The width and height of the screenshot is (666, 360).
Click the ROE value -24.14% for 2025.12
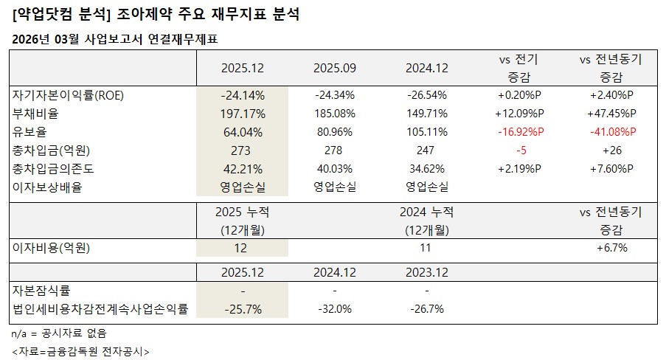(x=243, y=95)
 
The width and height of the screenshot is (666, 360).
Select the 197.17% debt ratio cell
(x=243, y=114)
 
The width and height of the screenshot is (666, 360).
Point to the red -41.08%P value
(x=611, y=132)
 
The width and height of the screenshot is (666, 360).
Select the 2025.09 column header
(x=335, y=68)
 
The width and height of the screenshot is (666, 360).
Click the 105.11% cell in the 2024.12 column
(x=427, y=132)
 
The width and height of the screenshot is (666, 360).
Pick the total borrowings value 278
(x=335, y=150)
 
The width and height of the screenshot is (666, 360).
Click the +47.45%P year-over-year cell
(x=611, y=114)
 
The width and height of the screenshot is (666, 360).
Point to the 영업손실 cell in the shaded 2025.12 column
(x=243, y=187)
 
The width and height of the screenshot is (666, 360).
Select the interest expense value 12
(x=243, y=248)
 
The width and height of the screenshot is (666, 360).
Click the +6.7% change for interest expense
(x=611, y=248)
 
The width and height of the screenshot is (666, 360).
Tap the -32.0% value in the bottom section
(x=335, y=309)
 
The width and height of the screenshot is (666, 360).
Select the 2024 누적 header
(x=427, y=212)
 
